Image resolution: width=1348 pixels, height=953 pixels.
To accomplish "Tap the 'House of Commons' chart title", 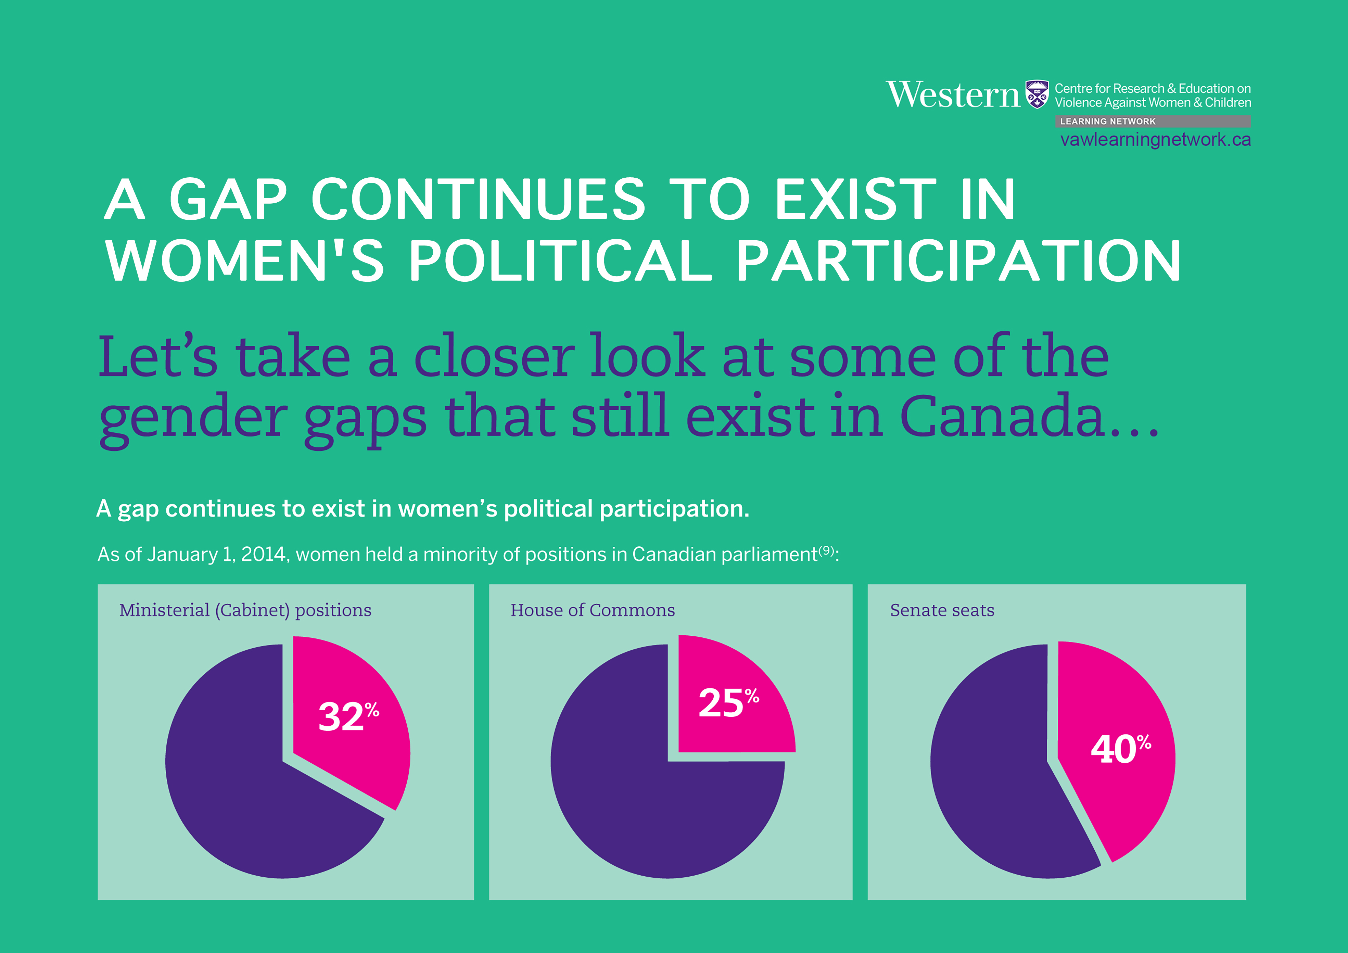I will pos(593,611).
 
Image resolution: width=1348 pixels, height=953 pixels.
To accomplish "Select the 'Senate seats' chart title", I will pos(942,611).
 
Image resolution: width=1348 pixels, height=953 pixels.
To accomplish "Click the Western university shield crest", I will pos(1037,94).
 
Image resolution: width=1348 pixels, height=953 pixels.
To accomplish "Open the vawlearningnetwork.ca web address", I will pos(1155,140).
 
